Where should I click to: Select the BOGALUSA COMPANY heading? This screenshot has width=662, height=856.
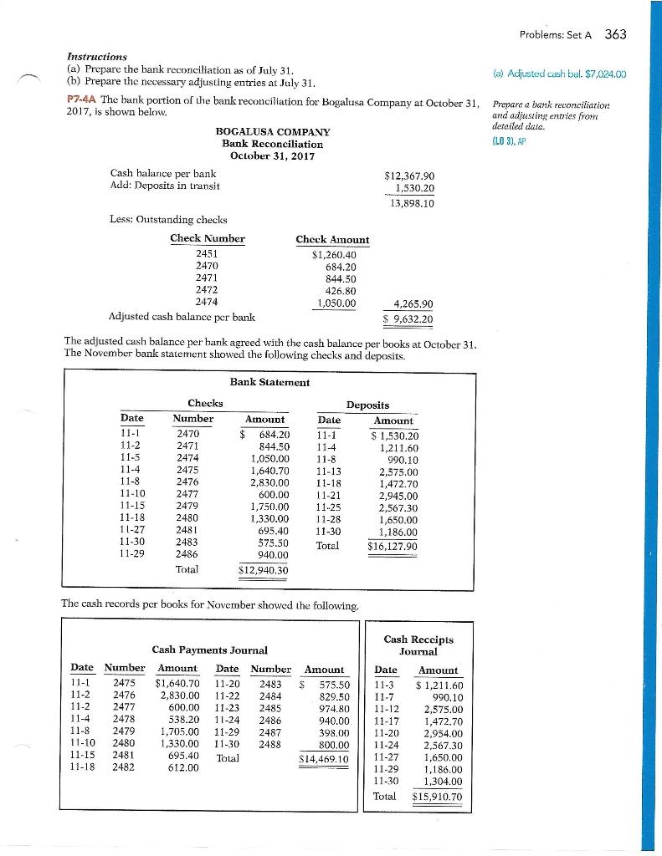(273, 132)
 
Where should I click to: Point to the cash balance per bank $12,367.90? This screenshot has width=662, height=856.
(408, 175)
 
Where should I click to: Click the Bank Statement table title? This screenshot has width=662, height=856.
(269, 382)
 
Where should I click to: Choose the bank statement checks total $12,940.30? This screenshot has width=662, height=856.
(259, 572)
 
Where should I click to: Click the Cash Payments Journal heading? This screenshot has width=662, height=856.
(209, 649)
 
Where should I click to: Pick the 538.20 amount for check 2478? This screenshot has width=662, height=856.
(177, 717)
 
